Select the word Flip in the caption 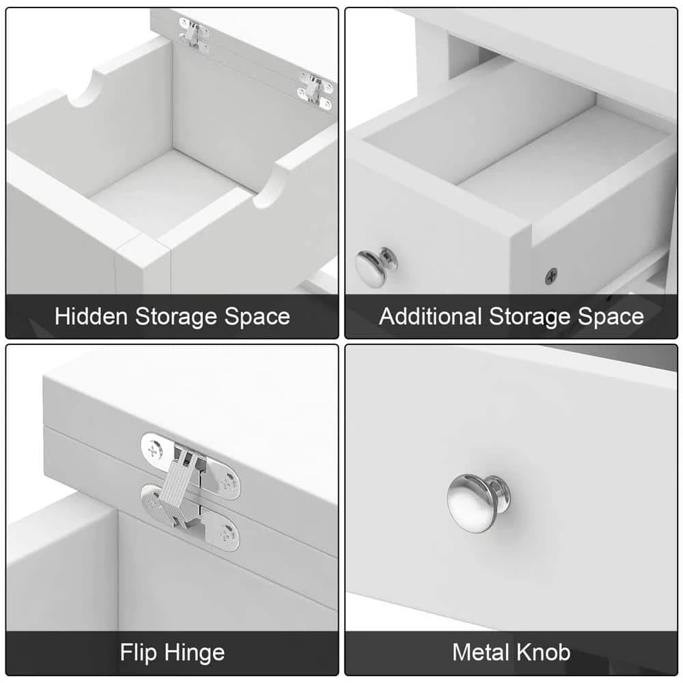[x=138, y=653]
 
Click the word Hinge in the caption [x=195, y=653]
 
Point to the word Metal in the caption [x=480, y=652]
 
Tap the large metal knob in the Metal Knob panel [x=477, y=503]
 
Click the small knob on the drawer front [x=376, y=267]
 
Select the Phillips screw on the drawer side [x=551, y=276]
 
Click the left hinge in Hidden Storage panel [x=194, y=35]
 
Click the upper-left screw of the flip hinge [x=153, y=449]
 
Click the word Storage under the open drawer [x=529, y=317]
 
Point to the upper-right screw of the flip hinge [x=227, y=484]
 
